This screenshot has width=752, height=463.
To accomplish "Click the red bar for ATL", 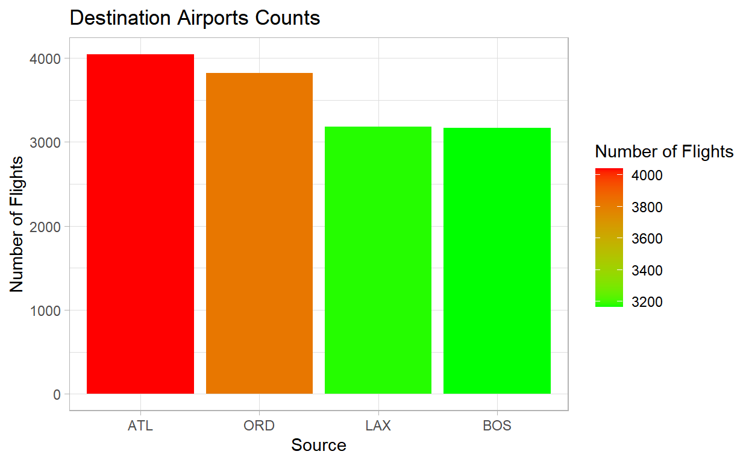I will pos(140,224).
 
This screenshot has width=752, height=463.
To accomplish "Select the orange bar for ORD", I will pos(259,233).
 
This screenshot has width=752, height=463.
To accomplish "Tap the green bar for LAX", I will pos(378,260).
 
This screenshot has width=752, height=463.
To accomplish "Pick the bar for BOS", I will pos(497,260).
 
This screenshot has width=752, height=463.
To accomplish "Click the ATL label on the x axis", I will pos(140,426).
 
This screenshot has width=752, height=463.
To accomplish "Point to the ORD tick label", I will pos(259,426).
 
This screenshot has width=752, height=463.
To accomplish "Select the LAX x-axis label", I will pos(378,426).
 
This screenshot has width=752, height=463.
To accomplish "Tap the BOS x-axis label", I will pos(497,426).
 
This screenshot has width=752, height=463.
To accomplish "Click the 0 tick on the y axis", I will pos(57,394).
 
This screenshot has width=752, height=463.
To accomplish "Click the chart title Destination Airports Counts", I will pos(195,18).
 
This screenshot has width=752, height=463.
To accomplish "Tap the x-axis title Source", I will pos(318,446).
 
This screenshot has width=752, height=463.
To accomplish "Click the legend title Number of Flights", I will pos(664,151).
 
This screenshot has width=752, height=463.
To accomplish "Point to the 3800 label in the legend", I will pos(647,207).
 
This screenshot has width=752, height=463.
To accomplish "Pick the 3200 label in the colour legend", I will pos(647,302).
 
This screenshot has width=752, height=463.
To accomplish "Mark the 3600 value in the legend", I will pos(647,239).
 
